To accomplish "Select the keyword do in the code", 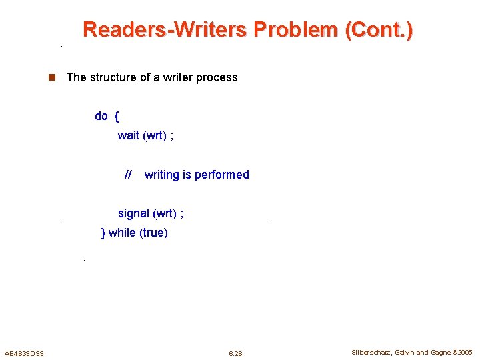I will click(101, 116).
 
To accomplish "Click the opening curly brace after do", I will click(117, 116).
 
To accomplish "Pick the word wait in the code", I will click(129, 135).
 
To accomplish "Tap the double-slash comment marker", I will click(129, 175).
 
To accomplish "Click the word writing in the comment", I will click(162, 175).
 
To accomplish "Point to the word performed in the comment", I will click(222, 175).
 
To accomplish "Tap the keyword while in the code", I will click(121, 233).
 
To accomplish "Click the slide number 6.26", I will click(235, 353).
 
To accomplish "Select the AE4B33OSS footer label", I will click(24, 353).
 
